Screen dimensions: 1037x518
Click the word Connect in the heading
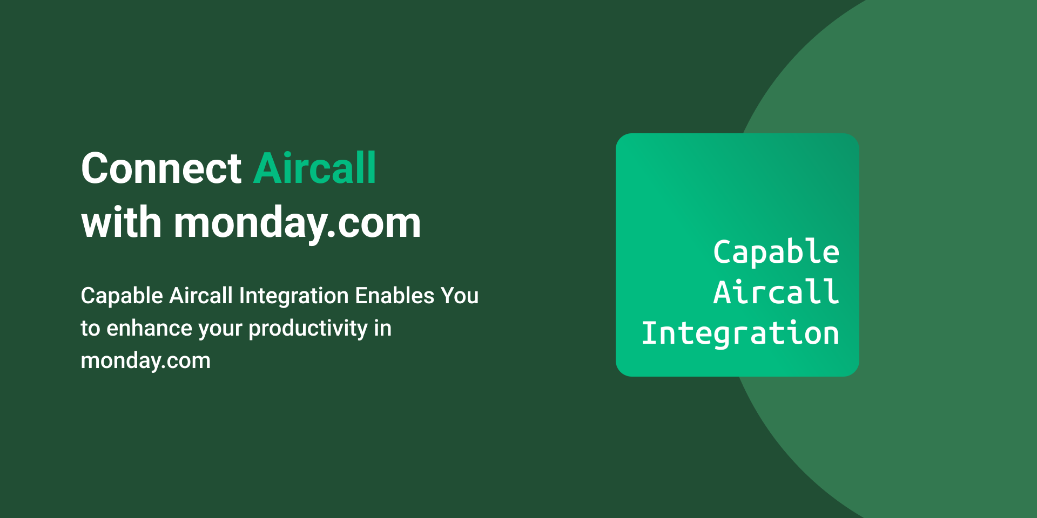pyautogui.click(x=161, y=168)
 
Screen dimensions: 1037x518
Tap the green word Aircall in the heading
pyautogui.click(x=314, y=168)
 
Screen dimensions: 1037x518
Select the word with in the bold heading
pyautogui.click(x=122, y=222)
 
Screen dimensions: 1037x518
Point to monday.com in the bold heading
pyautogui.click(x=297, y=224)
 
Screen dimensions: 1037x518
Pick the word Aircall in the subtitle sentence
pyautogui.click(x=201, y=295)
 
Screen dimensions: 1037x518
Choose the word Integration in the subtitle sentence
pyautogui.click(x=294, y=297)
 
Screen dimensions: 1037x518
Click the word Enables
pyautogui.click(x=395, y=295)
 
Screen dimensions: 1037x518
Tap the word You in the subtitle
pyautogui.click(x=460, y=296)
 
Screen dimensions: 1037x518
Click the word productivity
pyautogui.click(x=308, y=329)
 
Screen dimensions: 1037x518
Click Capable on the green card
pyautogui.click(x=776, y=253)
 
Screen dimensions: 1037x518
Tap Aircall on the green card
pyautogui.click(x=776, y=292)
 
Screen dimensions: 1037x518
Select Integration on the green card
pyautogui.click(x=740, y=333)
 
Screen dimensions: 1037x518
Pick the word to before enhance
pyautogui.click(x=91, y=329)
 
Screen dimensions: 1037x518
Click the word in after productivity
pyautogui.click(x=383, y=328)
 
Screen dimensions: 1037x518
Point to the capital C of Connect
pyautogui.click(x=95, y=168)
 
